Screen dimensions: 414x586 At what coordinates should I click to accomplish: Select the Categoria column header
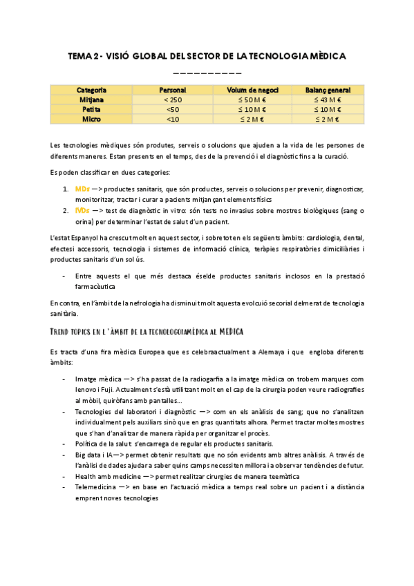(91, 91)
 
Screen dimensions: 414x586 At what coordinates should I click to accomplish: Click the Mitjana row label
(91, 100)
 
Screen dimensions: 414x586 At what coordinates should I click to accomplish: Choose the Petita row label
(91, 110)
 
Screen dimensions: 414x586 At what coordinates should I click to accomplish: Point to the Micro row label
(91, 120)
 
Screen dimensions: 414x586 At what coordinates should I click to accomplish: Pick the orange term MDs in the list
(80, 189)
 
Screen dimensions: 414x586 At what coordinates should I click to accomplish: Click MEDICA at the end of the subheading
(225, 332)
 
